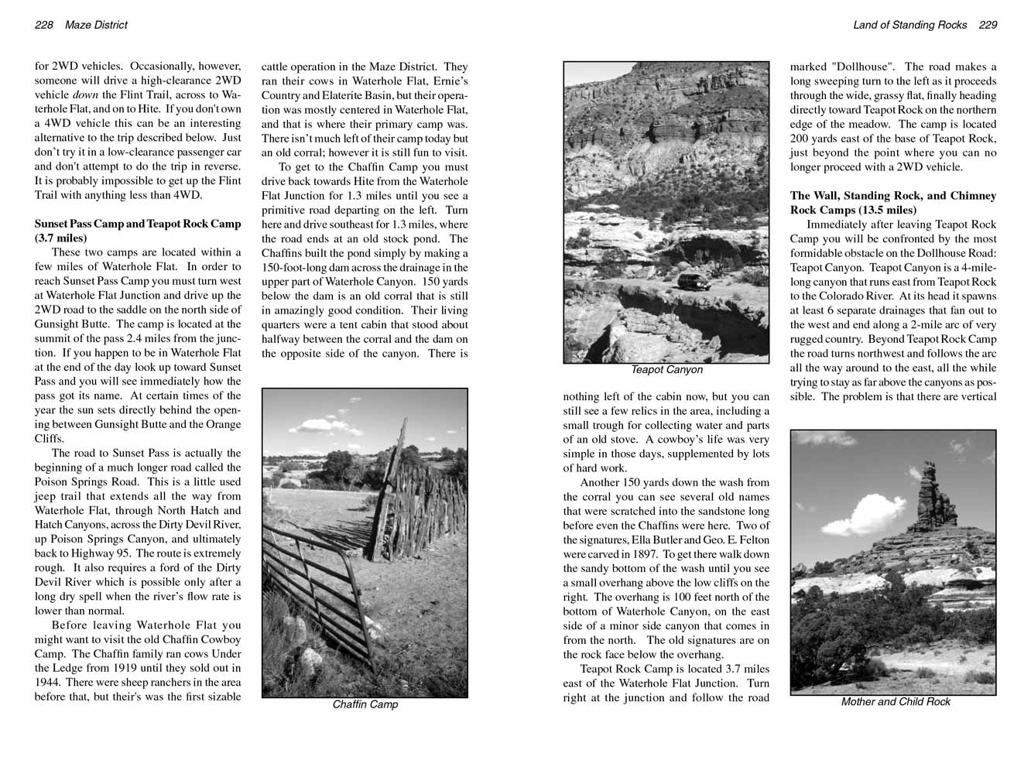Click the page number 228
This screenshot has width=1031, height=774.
click(44, 25)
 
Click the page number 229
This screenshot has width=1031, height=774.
click(988, 25)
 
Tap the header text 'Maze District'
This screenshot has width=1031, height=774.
click(96, 25)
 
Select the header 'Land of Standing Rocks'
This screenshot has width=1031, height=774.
click(909, 25)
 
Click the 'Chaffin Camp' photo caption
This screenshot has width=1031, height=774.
click(365, 704)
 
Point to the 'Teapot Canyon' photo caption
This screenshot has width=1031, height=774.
click(666, 370)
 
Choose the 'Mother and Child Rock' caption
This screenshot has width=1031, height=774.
click(896, 702)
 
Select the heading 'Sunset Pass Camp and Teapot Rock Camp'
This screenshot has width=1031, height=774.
click(138, 224)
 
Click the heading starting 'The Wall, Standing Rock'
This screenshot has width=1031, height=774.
click(893, 196)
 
